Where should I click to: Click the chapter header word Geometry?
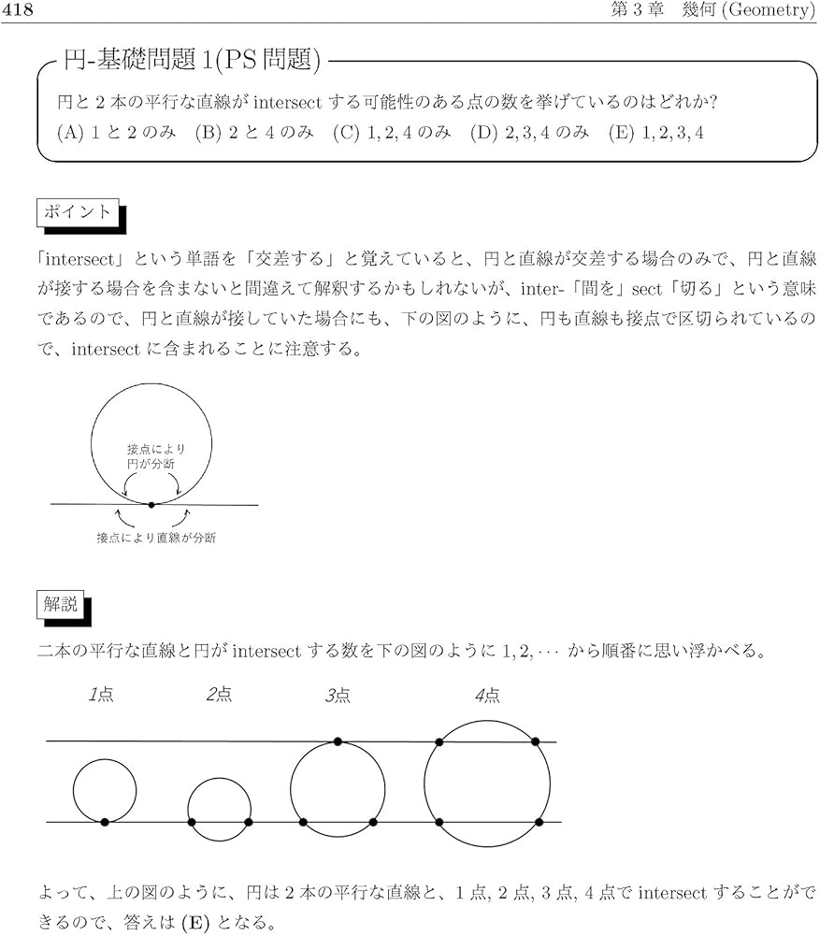tap(769, 10)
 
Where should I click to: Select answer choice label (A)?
tap(70, 133)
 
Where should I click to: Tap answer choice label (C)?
tap(345, 133)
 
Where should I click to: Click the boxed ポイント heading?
tap(79, 212)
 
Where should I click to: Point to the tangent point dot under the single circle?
tap(151, 505)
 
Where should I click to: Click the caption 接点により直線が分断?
tap(156, 539)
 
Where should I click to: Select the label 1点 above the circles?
tap(101, 695)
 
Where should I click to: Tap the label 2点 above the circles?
tap(219, 695)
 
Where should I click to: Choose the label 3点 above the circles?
tap(338, 695)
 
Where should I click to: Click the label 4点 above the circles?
tap(487, 695)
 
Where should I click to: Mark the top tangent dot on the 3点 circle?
tap(338, 741)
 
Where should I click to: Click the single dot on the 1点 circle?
tap(105, 822)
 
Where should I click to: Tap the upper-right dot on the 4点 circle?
tap(536, 741)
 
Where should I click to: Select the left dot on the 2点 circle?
tap(191, 823)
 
